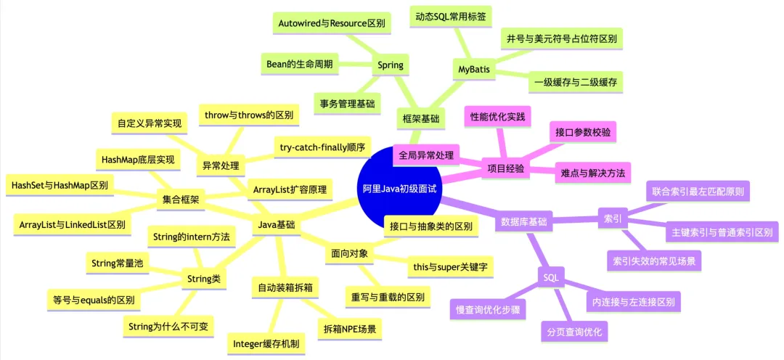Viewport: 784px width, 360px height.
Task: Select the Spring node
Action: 390,66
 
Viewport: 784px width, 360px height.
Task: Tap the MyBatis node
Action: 474,70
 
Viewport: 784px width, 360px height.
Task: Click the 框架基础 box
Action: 423,118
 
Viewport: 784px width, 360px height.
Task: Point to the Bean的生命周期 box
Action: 300,64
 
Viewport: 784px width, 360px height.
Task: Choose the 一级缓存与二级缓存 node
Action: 575,82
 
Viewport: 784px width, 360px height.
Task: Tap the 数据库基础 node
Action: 524,222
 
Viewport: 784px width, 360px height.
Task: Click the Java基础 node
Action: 277,225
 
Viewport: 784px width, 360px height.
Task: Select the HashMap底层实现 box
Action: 137,159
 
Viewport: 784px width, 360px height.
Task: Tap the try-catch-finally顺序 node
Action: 322,147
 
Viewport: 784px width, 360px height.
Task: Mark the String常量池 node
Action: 117,263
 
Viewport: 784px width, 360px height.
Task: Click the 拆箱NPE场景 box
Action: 350,329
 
